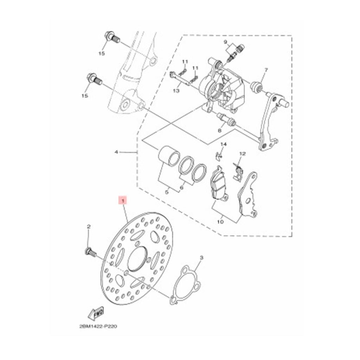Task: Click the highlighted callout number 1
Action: [x=123, y=201]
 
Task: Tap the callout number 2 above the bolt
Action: [x=89, y=227]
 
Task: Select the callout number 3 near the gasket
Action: [x=201, y=258]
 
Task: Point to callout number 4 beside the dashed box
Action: [x=116, y=152]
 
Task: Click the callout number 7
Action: [x=266, y=70]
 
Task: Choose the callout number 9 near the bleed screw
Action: [x=226, y=42]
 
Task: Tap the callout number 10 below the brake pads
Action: [x=220, y=222]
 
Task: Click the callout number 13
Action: [x=176, y=91]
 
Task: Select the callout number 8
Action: [x=220, y=130]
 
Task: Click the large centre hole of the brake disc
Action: [x=137, y=260]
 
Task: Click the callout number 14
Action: [x=224, y=144]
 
